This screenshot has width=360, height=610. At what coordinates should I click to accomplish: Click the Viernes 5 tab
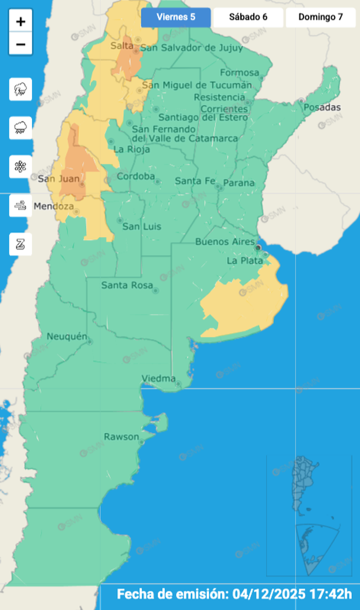(176, 17)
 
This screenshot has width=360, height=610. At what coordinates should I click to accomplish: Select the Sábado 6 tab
(248, 17)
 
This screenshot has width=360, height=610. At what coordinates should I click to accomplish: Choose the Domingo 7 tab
(320, 17)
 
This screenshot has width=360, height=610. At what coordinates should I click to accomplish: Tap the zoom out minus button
(21, 44)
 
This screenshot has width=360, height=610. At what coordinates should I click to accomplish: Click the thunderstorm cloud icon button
(21, 90)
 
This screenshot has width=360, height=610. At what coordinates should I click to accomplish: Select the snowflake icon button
(21, 166)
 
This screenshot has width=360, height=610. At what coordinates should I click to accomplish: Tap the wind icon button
(21, 205)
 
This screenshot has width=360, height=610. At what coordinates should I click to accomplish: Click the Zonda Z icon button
(21, 244)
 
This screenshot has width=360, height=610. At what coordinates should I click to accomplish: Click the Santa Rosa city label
(126, 286)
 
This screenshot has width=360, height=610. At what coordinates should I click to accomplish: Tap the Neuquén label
(67, 337)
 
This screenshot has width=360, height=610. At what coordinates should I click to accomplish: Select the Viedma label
(159, 378)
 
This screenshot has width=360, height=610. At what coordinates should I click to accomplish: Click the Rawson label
(122, 437)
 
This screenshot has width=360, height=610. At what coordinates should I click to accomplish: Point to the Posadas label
(322, 107)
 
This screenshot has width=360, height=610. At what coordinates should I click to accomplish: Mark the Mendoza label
(54, 206)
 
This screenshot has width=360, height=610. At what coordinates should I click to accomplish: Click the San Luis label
(139, 227)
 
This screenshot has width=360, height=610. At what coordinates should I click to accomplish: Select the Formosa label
(240, 73)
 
